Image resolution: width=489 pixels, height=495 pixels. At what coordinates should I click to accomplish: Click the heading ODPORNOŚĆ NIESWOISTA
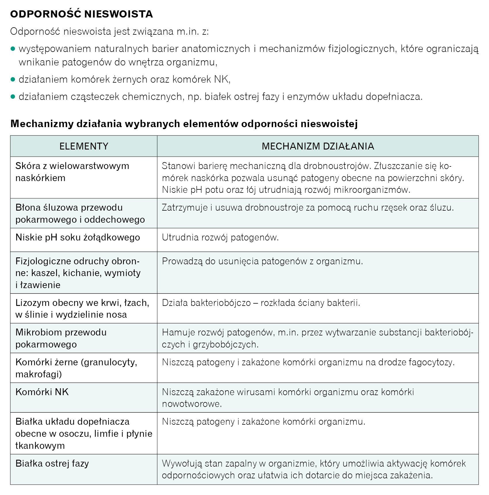81,14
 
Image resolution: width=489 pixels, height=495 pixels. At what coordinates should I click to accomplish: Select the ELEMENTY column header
84,146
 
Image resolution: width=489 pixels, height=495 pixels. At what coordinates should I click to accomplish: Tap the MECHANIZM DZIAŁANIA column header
318,146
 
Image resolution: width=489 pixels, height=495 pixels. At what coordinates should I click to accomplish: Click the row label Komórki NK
42,392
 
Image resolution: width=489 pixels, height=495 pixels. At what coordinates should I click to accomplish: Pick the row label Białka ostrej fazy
52,463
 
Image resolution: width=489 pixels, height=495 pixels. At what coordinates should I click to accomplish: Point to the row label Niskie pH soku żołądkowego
78,237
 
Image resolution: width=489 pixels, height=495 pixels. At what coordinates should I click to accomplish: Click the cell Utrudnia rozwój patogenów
220,237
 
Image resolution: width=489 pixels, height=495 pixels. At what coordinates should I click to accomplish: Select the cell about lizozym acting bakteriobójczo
261,303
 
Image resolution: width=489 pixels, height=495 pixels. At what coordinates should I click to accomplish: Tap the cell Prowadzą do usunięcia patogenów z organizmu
262,261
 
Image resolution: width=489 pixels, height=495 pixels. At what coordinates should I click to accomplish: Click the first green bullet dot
13,49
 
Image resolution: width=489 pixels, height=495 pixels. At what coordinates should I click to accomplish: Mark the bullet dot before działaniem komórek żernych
13,79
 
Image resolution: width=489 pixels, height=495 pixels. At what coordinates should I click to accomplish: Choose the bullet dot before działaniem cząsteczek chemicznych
13,97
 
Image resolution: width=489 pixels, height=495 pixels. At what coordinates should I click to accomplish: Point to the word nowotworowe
192,404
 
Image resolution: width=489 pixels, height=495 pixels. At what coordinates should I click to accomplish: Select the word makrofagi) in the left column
39,374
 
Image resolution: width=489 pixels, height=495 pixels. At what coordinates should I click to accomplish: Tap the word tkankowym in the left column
40,446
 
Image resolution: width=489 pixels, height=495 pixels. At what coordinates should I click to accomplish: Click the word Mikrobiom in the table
38,332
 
